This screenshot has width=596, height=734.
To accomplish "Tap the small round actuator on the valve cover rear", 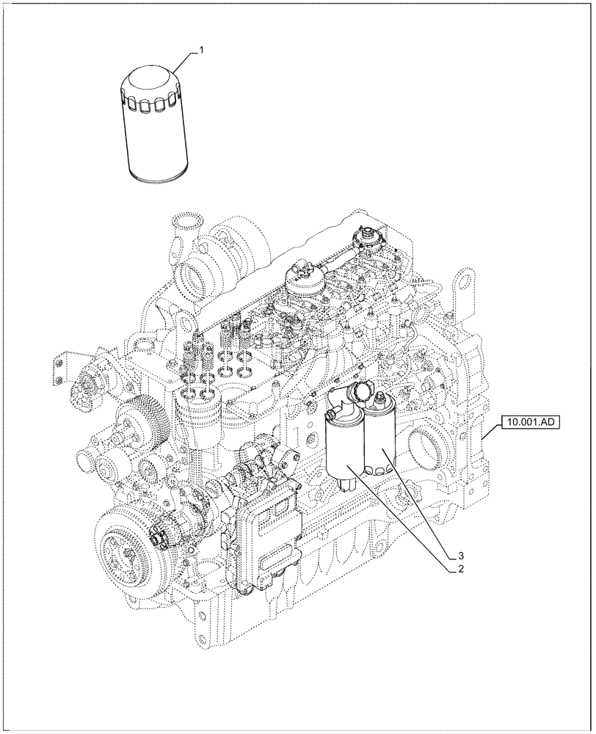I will [x=364, y=239].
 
